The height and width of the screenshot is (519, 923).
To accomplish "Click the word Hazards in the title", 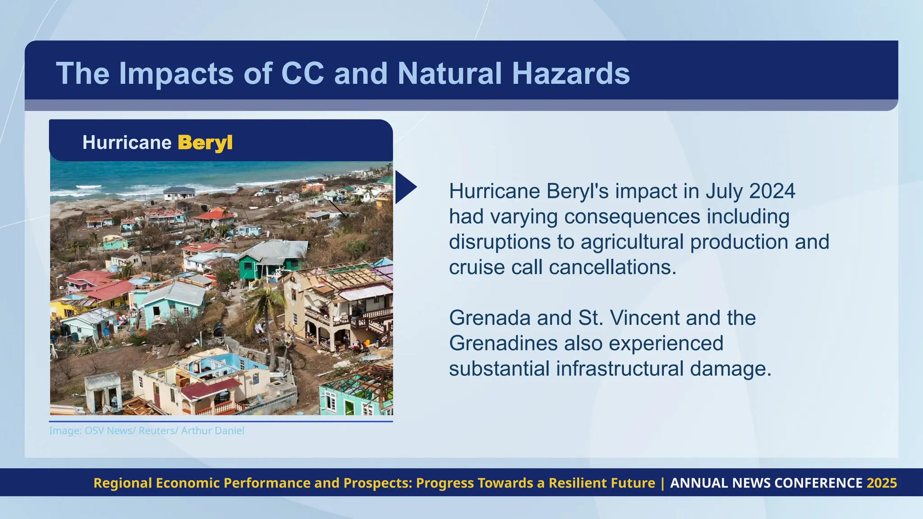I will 571,73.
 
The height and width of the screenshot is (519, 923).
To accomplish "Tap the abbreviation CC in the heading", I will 302,73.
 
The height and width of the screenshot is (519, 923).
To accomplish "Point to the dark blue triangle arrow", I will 405,187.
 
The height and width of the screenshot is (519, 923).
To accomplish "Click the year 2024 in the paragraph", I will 772,191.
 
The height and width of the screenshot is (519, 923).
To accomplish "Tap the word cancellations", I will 612,267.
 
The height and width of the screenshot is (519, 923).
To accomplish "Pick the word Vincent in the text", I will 644,318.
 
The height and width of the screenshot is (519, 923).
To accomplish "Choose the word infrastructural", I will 620,369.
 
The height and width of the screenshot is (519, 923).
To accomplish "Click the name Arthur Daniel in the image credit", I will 213,431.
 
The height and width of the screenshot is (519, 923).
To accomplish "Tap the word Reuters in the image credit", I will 158,431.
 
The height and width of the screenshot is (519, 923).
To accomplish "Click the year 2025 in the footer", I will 882,483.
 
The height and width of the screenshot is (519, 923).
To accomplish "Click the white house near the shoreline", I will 179,193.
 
